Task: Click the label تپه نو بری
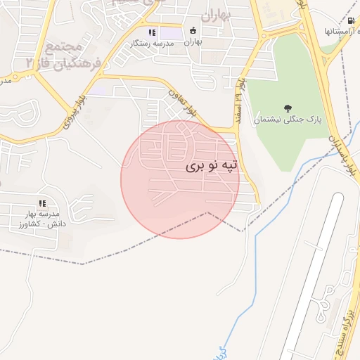pos(212,166)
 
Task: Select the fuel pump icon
pos(351,20)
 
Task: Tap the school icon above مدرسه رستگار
pos(151,32)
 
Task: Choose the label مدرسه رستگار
pos(150,44)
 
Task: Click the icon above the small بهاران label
pos(193,31)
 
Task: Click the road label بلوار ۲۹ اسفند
pos(239,100)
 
